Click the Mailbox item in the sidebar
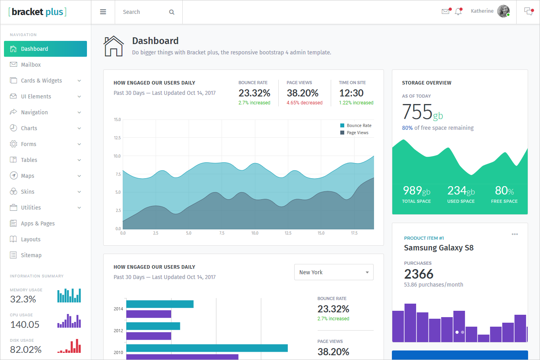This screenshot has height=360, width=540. click(31, 65)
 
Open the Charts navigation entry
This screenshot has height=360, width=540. click(29, 128)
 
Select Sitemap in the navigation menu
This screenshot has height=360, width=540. click(31, 255)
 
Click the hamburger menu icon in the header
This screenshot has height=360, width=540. click(103, 12)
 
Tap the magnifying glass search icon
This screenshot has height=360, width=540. click(172, 12)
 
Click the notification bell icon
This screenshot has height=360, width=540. click(458, 12)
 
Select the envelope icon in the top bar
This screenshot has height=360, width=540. click(445, 12)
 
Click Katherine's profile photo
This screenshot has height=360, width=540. click(503, 11)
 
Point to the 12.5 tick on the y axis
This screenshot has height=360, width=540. click(117, 138)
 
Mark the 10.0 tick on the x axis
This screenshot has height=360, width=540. click(255, 233)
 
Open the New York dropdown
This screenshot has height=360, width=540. click(334, 272)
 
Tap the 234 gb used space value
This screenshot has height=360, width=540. click(461, 191)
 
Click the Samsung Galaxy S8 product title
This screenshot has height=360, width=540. click(439, 248)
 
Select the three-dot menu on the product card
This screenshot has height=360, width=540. click(515, 234)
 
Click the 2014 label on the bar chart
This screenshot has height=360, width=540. click(118, 309)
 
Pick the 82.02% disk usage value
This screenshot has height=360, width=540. click(26, 350)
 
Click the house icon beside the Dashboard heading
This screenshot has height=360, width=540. click(114, 46)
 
